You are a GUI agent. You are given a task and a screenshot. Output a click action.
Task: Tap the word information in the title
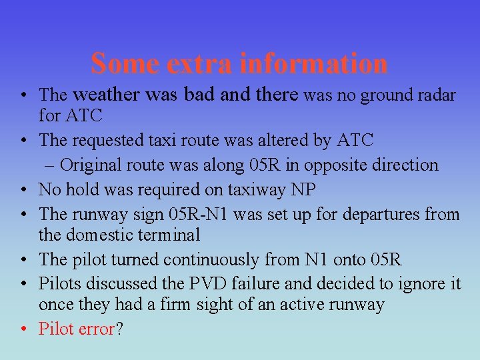point(313,63)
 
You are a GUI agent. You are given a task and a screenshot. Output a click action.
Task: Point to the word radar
point(437,95)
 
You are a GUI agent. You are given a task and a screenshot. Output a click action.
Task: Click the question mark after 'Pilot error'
point(119,329)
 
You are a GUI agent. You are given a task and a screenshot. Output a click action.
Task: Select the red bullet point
point(23,329)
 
